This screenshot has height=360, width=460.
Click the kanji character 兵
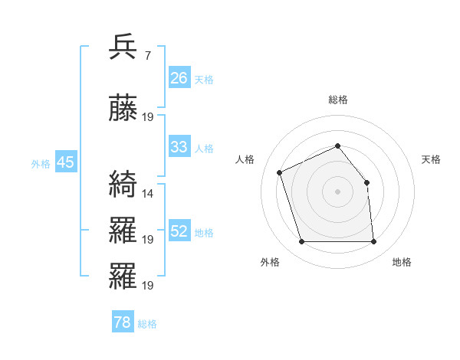[124, 47]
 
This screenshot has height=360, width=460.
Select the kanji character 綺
[124, 184]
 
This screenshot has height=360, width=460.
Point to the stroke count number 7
[147, 56]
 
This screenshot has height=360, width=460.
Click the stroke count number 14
[148, 194]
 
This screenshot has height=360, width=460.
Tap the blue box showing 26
[179, 78]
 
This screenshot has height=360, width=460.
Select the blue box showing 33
[179, 147]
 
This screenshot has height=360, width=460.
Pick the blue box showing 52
[179, 231]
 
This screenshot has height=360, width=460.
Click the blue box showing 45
[65, 162]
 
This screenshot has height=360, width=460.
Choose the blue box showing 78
[123, 322]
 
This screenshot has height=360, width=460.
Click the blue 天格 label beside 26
[204, 80]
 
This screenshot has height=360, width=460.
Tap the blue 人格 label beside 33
[204, 149]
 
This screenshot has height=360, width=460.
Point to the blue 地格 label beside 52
[204, 233]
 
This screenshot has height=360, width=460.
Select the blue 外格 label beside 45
[41, 164]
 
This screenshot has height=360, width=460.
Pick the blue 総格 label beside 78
[147, 324]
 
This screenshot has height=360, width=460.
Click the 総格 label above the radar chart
[337, 100]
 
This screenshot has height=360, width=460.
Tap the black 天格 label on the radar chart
[431, 159]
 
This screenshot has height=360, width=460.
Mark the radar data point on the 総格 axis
[337, 146]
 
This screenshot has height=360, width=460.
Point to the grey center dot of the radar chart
[337, 191]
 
